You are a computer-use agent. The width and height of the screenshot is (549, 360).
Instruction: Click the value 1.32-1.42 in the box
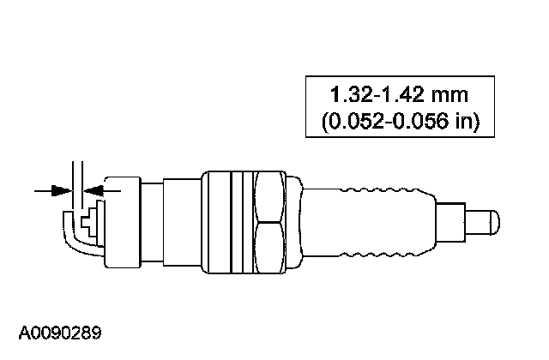[377, 94]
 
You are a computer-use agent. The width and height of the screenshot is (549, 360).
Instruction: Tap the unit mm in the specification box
[449, 95]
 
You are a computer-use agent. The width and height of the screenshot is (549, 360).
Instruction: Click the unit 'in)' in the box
[467, 121]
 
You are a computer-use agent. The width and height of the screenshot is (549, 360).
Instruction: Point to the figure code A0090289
[60, 333]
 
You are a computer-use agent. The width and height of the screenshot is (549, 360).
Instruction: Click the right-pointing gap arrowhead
[62, 190]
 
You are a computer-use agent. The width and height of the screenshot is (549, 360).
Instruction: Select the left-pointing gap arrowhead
[94, 190]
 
